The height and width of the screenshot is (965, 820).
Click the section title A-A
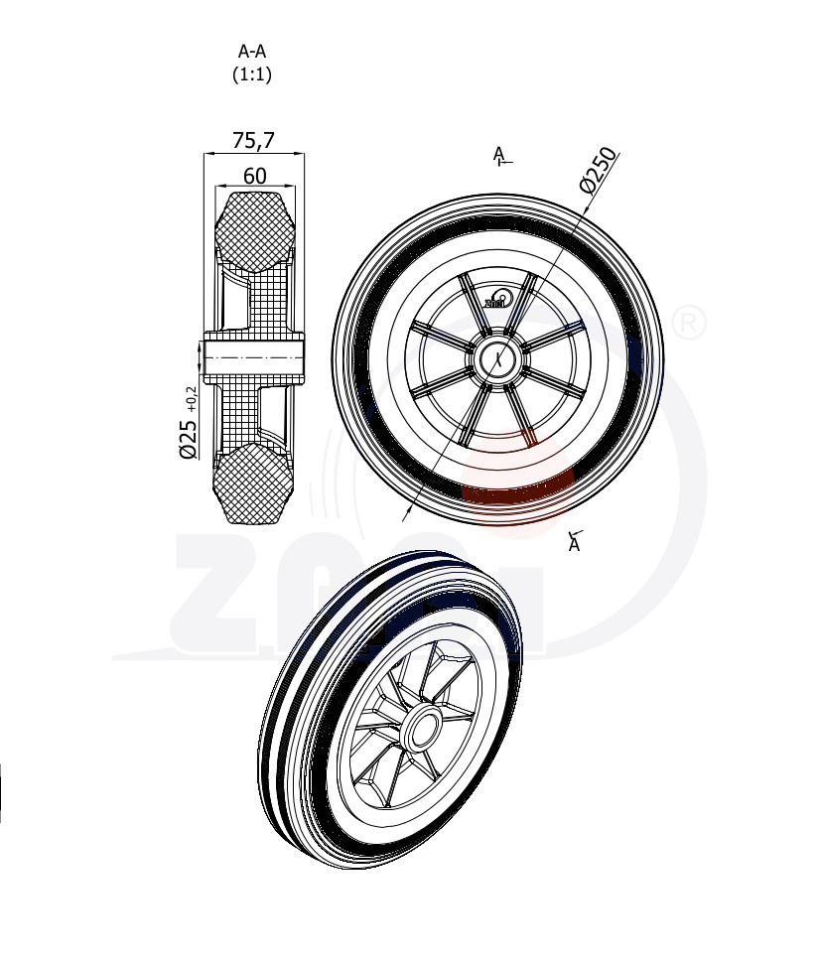[x=252, y=52]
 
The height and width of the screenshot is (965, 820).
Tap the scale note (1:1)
[x=252, y=73]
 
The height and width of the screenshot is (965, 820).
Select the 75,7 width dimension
[x=253, y=141]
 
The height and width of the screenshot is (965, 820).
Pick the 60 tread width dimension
[x=254, y=176]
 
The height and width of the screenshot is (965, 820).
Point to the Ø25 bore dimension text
[x=188, y=438]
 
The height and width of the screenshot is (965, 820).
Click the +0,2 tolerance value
[x=191, y=399]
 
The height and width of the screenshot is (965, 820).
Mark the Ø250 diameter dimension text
[x=599, y=168]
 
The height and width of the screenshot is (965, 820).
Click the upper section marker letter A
[x=498, y=153]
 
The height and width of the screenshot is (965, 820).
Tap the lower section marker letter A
[x=574, y=544]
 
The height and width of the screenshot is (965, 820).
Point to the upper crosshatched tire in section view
[x=255, y=230]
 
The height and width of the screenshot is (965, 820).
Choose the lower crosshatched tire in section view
[x=256, y=484]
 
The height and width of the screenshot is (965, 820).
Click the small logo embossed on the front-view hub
[x=496, y=299]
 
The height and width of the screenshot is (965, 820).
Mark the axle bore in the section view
[x=254, y=356]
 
